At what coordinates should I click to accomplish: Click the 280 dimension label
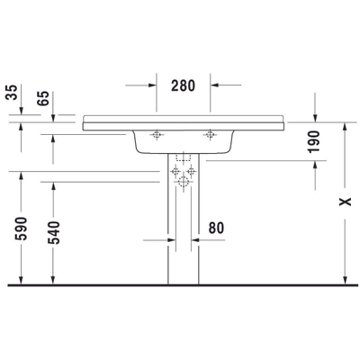point(183,85)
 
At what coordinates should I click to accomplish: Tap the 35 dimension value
point(12,93)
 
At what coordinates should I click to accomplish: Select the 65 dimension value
point(43,98)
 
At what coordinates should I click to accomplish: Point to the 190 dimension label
point(314,141)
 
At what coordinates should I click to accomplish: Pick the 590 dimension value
point(21,229)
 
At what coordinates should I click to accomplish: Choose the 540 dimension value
point(54,232)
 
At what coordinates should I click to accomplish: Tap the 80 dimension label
point(216,229)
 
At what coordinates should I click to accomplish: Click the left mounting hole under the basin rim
point(157,135)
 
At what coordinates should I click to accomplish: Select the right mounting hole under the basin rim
point(210,135)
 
